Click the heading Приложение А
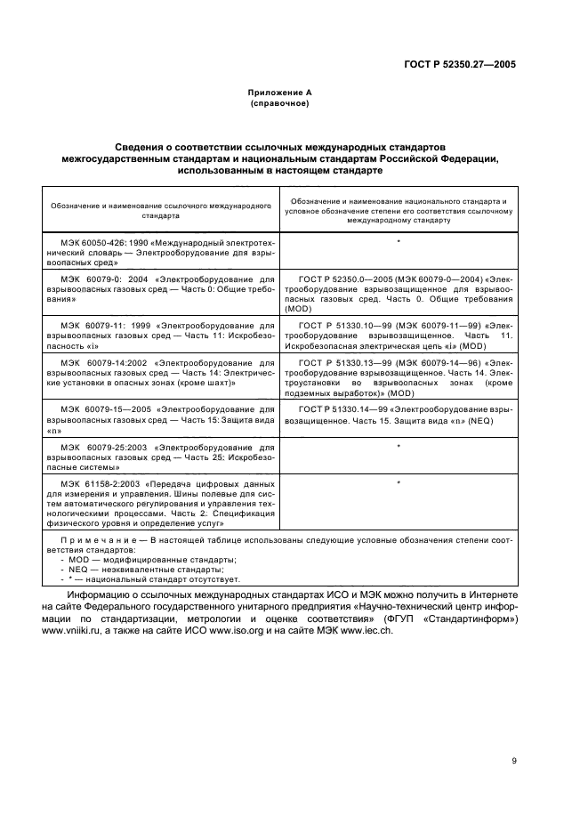pyautogui.click(x=279, y=93)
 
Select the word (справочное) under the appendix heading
pyautogui.click(x=279, y=103)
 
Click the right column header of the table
pyautogui.click(x=399, y=210)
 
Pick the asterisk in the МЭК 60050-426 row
pyautogui.click(x=399, y=242)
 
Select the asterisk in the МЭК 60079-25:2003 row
pyautogui.click(x=399, y=445)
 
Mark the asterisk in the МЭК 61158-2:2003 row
pyautogui.click(x=399, y=482)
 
